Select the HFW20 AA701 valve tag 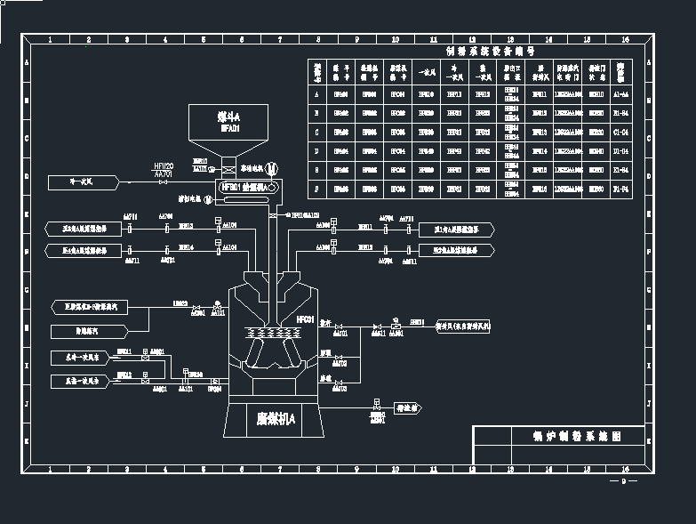[x=164, y=171]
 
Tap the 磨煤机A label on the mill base [x=276, y=418]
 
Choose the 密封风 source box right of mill [x=463, y=326]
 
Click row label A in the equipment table [x=317, y=93]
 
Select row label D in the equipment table [x=317, y=151]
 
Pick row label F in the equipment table [x=317, y=189]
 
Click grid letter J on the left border [x=27, y=403]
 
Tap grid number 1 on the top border [x=50, y=40]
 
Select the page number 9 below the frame [x=623, y=482]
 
